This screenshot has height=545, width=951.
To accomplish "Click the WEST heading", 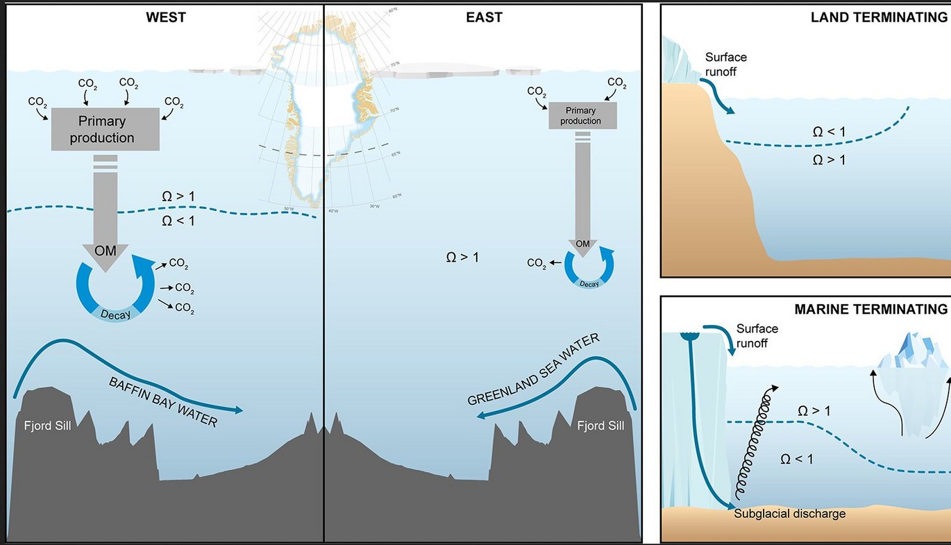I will (166, 17).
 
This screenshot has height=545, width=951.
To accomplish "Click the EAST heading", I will (484, 17).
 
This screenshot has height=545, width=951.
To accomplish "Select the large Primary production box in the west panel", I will (106, 129).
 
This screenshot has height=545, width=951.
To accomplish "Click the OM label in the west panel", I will (105, 251).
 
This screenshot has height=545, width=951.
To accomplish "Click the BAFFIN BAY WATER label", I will (162, 402).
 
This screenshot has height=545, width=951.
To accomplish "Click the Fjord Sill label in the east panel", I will (600, 425).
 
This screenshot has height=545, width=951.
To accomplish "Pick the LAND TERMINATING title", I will (878, 18).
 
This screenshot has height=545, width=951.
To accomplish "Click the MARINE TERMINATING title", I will (870, 310).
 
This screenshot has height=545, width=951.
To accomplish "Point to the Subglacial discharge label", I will (790, 514).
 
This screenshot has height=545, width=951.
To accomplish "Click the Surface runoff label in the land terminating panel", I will (725, 63).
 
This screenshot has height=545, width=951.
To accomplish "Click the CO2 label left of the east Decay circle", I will (537, 263).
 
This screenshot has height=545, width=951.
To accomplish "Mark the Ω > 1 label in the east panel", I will (462, 258).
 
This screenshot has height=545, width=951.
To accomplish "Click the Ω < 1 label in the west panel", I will (178, 221).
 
